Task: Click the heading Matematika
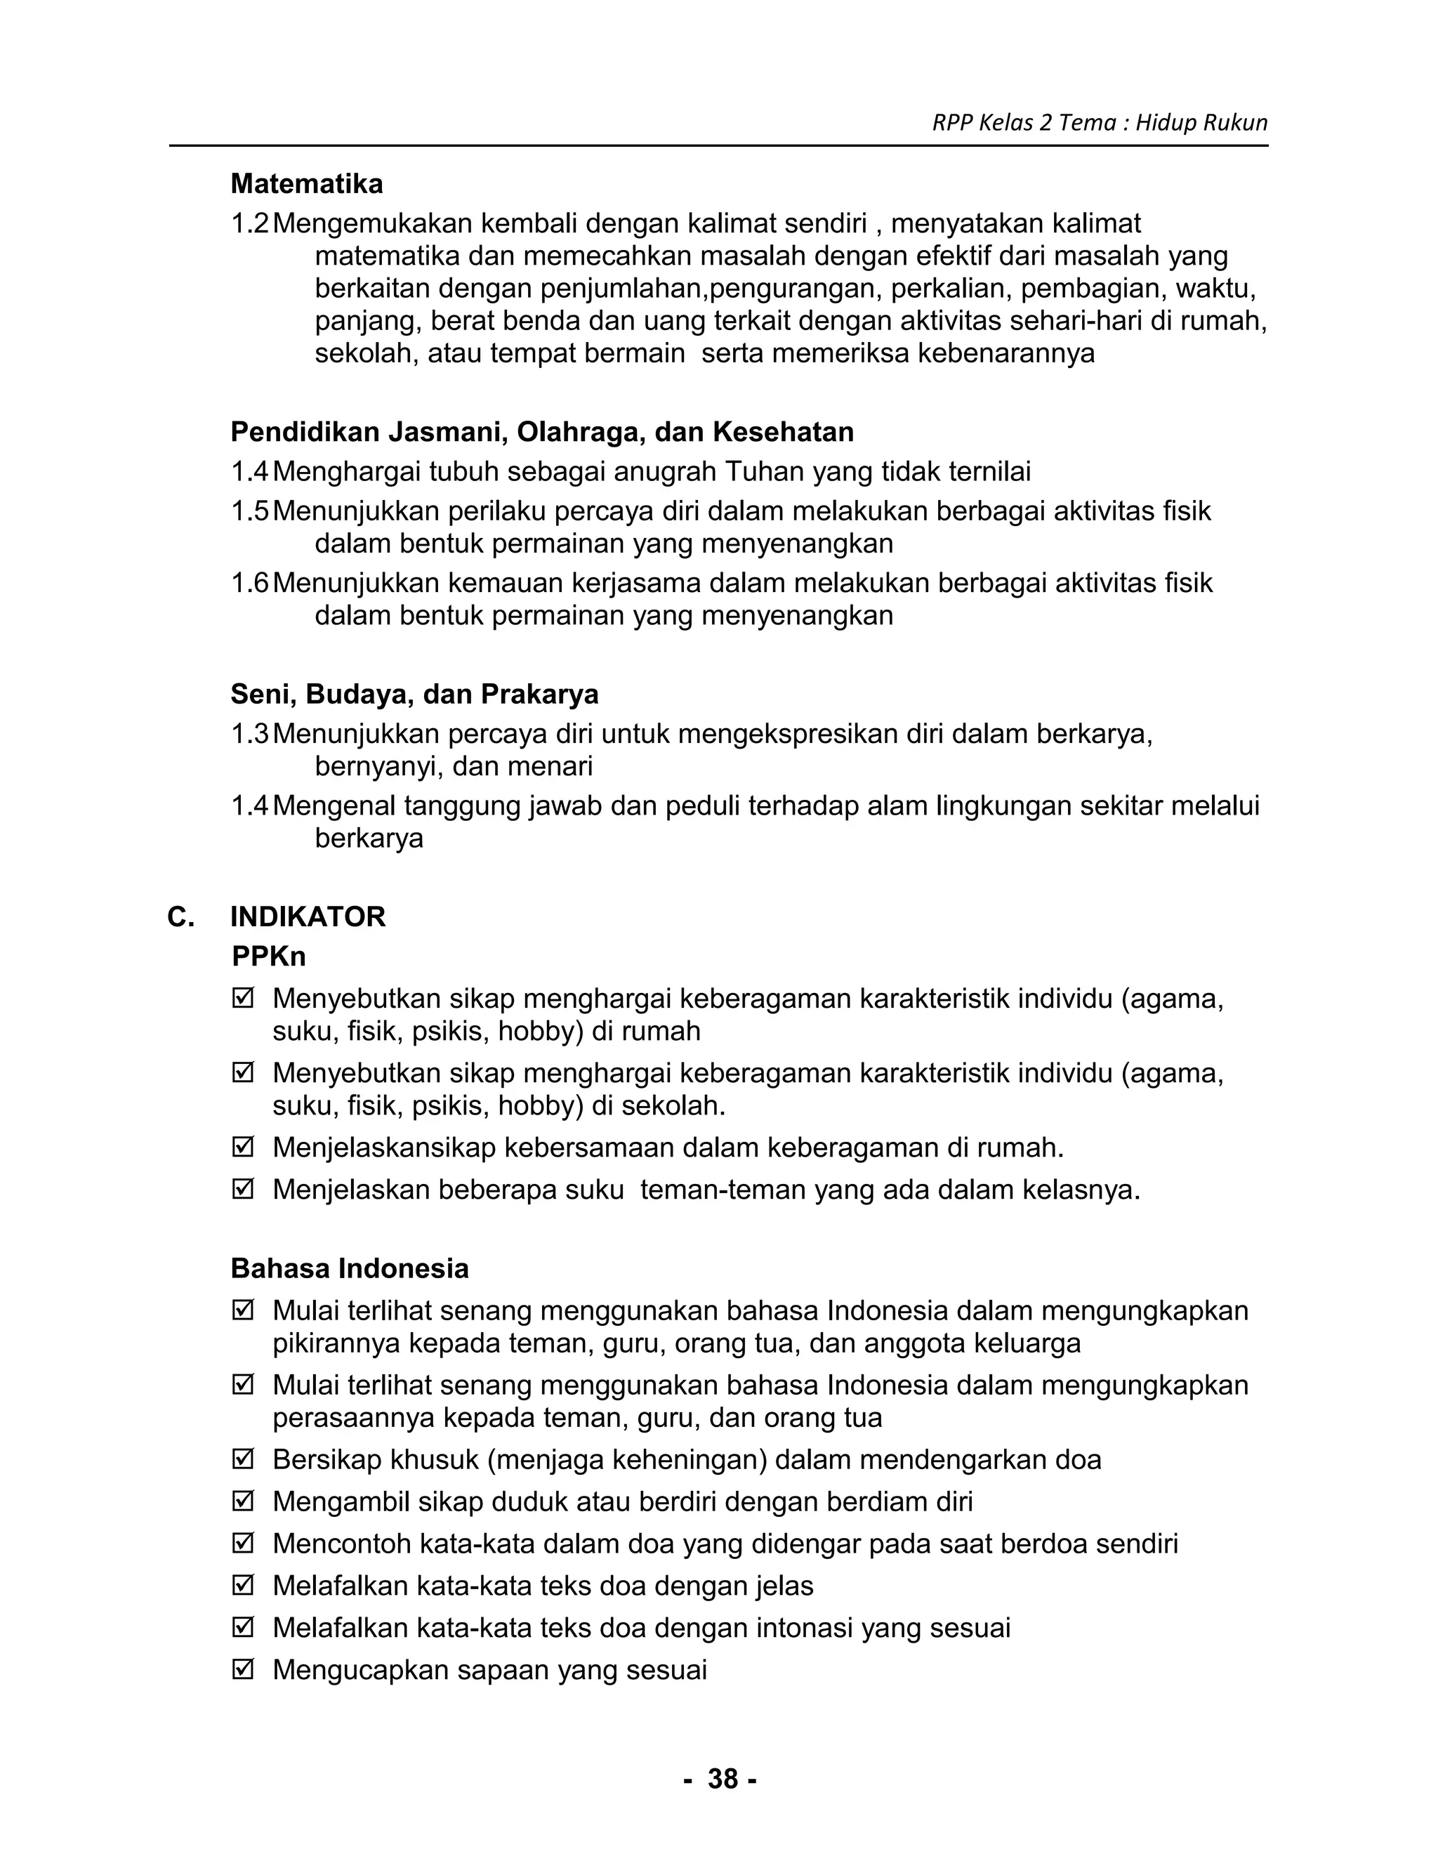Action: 307,183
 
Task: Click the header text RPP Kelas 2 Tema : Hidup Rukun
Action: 1099,123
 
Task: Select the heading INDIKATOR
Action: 308,917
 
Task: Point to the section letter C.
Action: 180,917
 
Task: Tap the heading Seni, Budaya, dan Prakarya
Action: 414,694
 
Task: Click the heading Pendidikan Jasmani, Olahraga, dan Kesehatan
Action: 542,432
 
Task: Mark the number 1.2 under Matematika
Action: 249,224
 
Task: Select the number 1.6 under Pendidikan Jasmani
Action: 249,583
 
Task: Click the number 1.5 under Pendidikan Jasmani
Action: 249,511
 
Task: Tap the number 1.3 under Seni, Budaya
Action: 249,734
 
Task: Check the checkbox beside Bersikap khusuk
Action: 243,1460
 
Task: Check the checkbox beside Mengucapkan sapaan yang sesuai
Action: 243,1669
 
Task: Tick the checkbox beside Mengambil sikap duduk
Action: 243,1501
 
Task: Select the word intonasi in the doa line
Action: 794,1628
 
